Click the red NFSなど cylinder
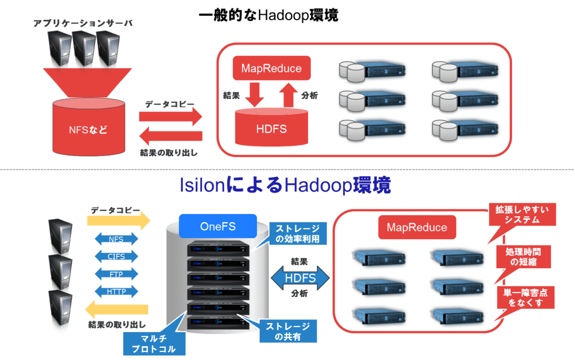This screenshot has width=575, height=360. click(x=88, y=130)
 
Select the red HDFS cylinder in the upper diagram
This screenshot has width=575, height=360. click(x=271, y=129)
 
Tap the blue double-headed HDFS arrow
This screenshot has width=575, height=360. click(x=300, y=278)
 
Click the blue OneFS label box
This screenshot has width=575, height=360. click(x=217, y=226)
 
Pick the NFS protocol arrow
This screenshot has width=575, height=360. click(x=116, y=239)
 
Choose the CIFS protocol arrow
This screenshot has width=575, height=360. click(x=116, y=257)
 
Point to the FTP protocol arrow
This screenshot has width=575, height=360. click(x=116, y=274)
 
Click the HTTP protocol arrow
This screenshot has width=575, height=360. click(x=116, y=292)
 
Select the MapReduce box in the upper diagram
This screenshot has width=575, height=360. click(x=271, y=68)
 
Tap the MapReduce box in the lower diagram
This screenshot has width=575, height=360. click(x=416, y=227)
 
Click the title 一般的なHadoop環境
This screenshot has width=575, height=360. click(x=268, y=16)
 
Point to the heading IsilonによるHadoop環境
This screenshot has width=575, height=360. click(x=285, y=186)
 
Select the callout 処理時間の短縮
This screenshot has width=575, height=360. click(x=523, y=257)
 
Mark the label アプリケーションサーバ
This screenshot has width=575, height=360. click(x=83, y=24)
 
